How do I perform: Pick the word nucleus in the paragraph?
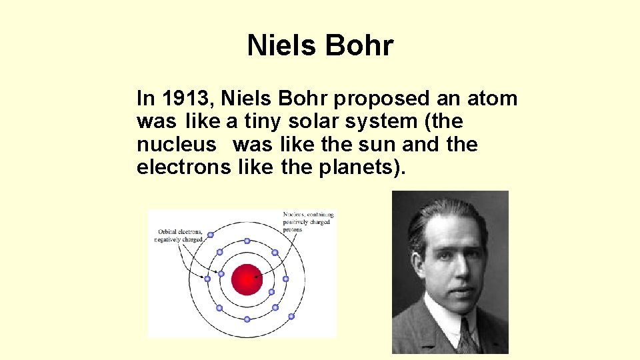(x=177, y=145)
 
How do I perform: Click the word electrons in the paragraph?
(x=183, y=168)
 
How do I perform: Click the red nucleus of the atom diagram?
(x=247, y=279)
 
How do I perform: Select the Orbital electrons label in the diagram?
(x=179, y=235)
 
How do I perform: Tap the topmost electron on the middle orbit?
(x=247, y=241)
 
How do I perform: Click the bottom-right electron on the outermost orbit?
(x=291, y=315)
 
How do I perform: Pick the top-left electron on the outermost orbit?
(x=210, y=235)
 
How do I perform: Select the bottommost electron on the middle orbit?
(x=247, y=319)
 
